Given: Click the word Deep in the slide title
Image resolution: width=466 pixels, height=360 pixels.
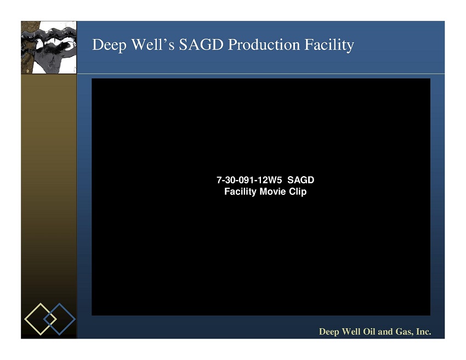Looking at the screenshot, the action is (x=109, y=45).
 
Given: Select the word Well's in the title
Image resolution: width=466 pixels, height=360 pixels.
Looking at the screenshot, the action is (x=153, y=44).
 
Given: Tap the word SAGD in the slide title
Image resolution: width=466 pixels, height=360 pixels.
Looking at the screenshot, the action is (x=201, y=44).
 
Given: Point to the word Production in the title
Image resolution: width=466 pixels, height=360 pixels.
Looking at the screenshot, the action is (x=264, y=44).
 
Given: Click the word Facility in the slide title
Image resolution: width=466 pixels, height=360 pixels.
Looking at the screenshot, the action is (x=329, y=45).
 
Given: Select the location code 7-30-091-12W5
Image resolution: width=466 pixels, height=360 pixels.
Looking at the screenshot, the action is (x=249, y=180).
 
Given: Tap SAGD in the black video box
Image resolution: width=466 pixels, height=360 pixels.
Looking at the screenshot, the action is (x=301, y=180).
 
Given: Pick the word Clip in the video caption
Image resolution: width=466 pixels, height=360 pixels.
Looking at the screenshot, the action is (x=298, y=192).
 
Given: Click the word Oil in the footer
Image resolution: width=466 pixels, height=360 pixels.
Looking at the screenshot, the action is (x=369, y=331).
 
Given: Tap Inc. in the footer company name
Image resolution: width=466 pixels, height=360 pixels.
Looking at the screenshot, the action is (x=423, y=331).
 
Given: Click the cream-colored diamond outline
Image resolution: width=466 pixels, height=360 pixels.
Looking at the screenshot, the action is (x=32, y=311).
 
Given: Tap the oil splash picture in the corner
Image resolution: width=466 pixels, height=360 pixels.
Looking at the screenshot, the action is (x=49, y=47).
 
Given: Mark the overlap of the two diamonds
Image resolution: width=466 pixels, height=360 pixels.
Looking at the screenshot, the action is (x=50, y=319).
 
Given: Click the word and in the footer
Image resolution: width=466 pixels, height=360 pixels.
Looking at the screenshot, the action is (x=386, y=331).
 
